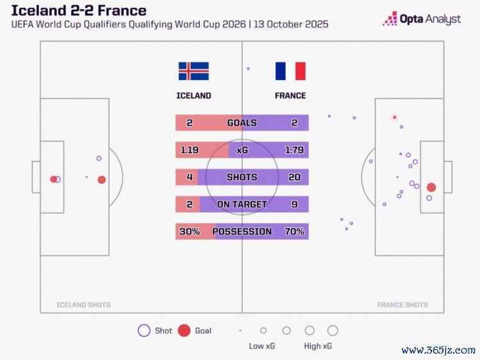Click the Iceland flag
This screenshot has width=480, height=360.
pos(193,71)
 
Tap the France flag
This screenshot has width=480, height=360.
pos(291,71)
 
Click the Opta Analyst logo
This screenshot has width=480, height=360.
pos(422,19)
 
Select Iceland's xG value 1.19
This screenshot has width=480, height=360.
pos(189,150)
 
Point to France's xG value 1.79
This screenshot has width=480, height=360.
pos(294,150)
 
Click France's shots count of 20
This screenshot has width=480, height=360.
pos(294,177)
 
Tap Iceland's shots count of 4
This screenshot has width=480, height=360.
pos(189,177)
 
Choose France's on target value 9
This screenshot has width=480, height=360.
pos(294,204)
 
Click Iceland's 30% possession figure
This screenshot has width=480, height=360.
pos(189,231)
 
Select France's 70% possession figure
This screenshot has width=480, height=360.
pos(294,231)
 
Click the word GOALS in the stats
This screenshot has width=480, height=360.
pos(242,123)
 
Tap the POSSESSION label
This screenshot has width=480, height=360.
pos(242,231)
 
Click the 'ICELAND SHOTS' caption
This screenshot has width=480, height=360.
pos(83,305)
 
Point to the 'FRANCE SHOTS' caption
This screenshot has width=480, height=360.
pos(403,305)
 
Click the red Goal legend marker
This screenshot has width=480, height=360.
pos(184,331)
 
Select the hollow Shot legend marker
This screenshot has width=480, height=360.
pos(144,331)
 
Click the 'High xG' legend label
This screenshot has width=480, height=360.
pos(318,347)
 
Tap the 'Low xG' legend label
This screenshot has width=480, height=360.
pos(262,347)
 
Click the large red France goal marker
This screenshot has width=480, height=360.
pos(431,188)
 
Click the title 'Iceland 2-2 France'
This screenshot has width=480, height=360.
pos(79,11)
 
